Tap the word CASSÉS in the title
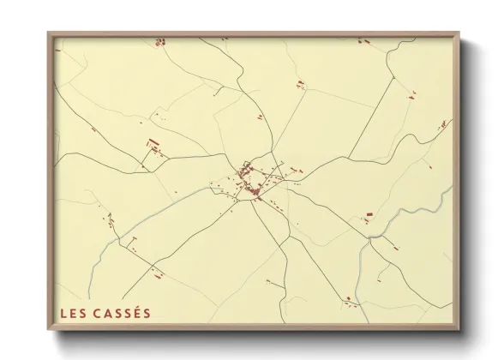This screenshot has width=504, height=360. (122, 313)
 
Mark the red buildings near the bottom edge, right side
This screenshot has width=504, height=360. (349, 299)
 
